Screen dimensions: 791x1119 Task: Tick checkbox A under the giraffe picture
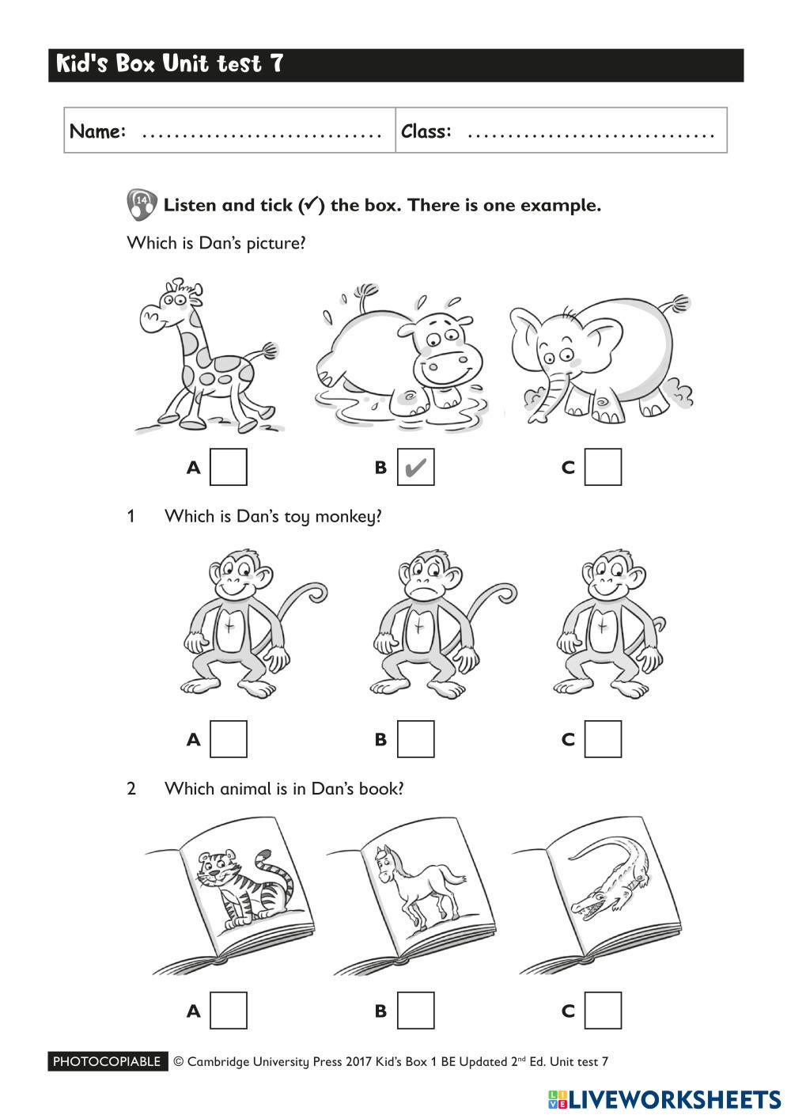tap(229, 467)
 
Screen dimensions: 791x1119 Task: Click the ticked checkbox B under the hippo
tap(415, 467)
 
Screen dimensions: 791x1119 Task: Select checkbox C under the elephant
tap(603, 467)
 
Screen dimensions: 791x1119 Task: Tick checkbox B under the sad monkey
tap(415, 739)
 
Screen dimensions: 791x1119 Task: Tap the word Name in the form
tap(97, 131)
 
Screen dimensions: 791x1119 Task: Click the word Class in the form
tap(426, 131)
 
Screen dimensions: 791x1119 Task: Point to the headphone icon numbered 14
tap(142, 204)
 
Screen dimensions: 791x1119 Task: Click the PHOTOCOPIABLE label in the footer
tap(108, 1061)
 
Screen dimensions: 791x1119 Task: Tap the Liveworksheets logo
tap(664, 1100)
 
